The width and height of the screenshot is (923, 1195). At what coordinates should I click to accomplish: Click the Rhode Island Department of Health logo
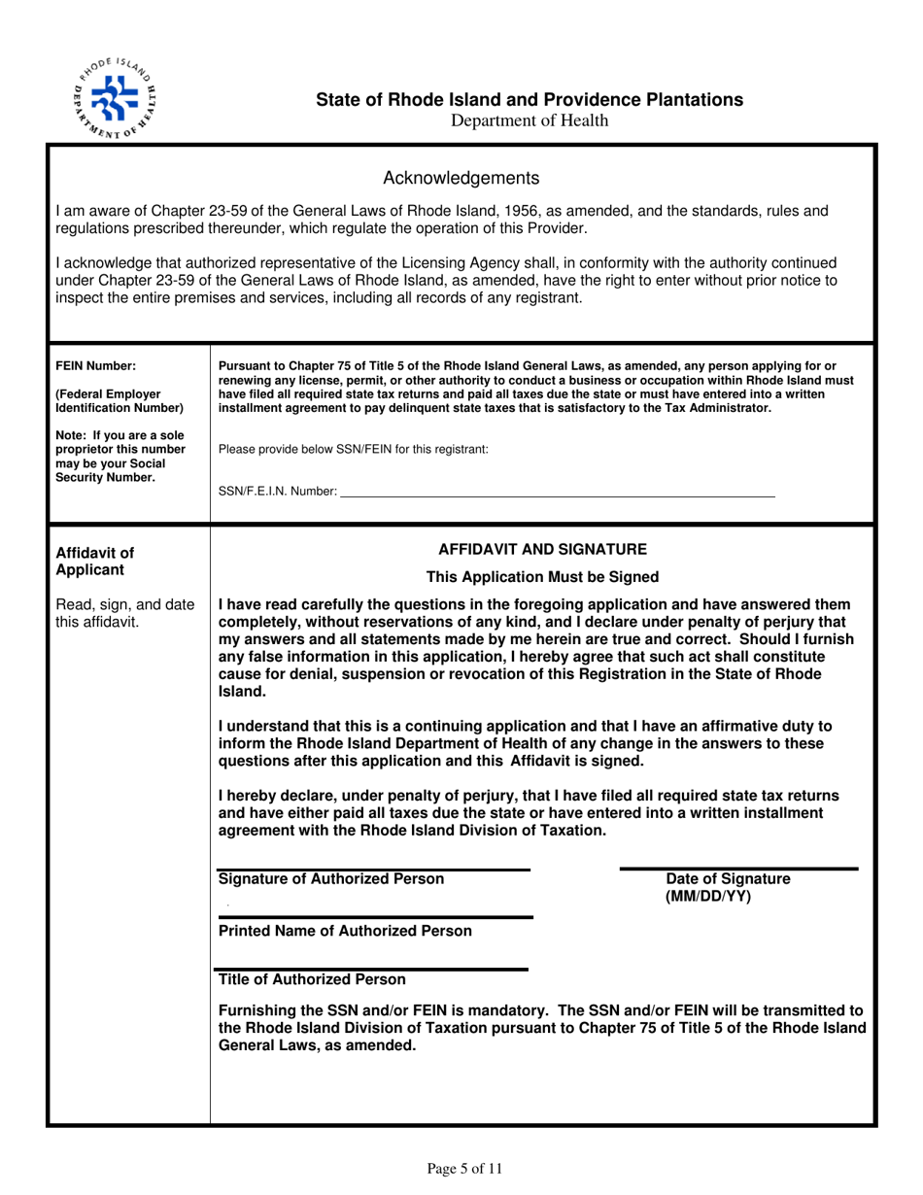pos(114,94)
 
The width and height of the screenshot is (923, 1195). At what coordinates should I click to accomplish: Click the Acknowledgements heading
pos(461,178)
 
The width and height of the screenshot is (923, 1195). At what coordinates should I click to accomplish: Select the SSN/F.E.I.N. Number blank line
pos(558,495)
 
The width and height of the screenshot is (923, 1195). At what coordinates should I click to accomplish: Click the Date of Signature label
pos(728,879)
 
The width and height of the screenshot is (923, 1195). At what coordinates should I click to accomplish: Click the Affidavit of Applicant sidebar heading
pos(95,562)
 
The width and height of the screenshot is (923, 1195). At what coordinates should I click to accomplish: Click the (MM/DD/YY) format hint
pos(708,897)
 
